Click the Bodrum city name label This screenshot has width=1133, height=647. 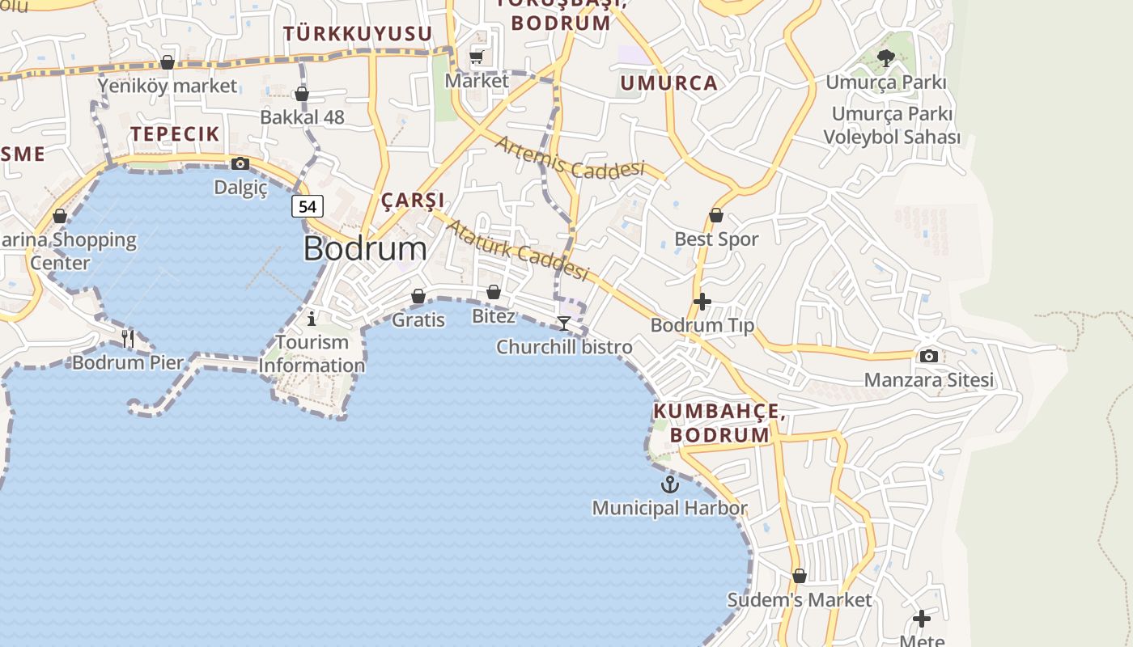click(365, 248)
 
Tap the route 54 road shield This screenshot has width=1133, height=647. click(308, 206)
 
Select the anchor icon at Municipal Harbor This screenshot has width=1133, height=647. click(669, 484)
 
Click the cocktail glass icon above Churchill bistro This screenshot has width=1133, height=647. click(564, 323)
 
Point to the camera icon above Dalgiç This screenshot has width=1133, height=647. click(240, 164)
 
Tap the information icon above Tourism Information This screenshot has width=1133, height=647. click(312, 318)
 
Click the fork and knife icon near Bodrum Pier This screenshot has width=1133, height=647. click(128, 338)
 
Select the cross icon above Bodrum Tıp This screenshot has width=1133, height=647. click(702, 302)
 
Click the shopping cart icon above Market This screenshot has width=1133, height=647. click(477, 57)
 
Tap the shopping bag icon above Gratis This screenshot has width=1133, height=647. click(418, 297)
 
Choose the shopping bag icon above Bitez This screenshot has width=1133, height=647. click(494, 292)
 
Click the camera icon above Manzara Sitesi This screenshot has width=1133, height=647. click(929, 356)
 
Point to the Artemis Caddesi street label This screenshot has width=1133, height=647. click(571, 158)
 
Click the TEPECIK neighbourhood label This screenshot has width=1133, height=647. click(175, 134)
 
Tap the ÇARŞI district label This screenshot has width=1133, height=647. click(413, 201)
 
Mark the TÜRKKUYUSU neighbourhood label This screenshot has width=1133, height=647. click(358, 33)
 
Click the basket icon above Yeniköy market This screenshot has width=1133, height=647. click(168, 62)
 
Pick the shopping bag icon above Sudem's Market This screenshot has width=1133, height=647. click(800, 577)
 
